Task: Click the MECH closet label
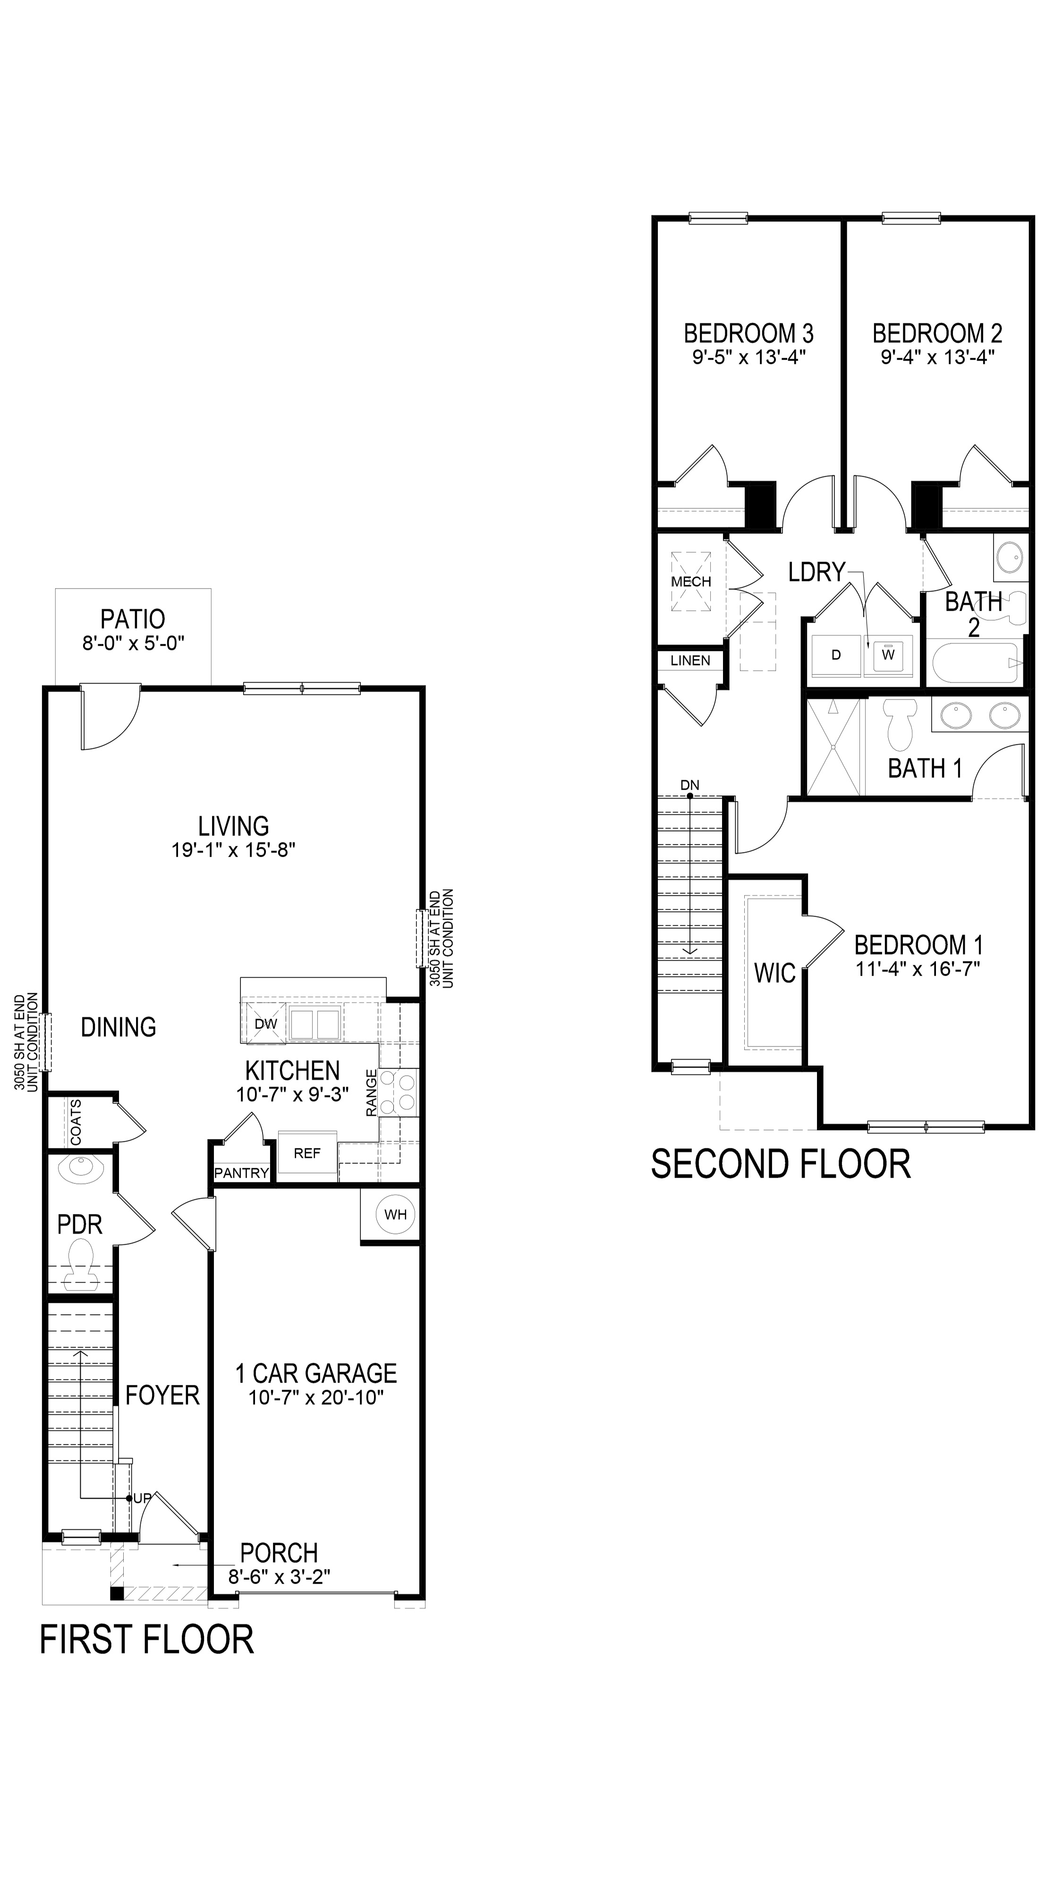pos(691,582)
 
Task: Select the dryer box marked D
pos(835,655)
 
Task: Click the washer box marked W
pos(888,655)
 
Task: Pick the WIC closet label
pos(774,973)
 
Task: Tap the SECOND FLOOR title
pos(781,1164)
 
